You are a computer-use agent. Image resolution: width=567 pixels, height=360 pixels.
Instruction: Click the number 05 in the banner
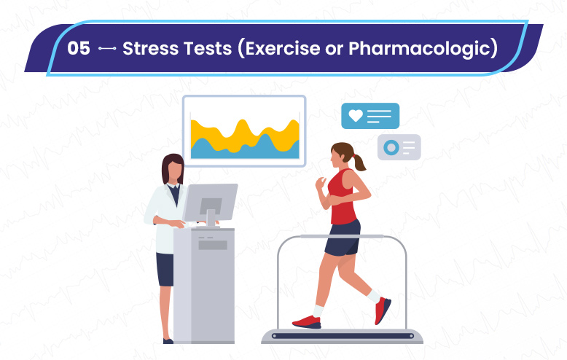pyautogui.click(x=79, y=48)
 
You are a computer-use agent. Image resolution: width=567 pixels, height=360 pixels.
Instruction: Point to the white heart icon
pyautogui.click(x=356, y=115)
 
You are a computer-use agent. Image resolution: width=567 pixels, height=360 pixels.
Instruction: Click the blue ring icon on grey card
pyautogui.click(x=391, y=147)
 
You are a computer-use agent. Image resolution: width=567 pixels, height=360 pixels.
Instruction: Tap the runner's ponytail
pyautogui.click(x=359, y=163)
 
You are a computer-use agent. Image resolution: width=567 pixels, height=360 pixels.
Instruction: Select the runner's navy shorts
pyautogui.click(x=343, y=238)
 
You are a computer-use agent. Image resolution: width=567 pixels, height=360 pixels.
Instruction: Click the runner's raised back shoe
pyautogui.click(x=382, y=310)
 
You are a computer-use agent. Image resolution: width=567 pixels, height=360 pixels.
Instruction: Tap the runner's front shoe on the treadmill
pyautogui.click(x=307, y=321)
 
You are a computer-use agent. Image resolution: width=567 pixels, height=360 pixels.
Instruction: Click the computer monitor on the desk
pyautogui.click(x=210, y=203)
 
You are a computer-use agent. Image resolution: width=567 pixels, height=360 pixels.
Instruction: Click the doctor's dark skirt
pyautogui.click(x=165, y=270)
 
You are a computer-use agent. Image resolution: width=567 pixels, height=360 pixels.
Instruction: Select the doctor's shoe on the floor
pyautogui.click(x=168, y=341)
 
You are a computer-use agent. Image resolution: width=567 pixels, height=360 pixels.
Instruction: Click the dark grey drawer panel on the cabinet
pyautogui.click(x=213, y=245)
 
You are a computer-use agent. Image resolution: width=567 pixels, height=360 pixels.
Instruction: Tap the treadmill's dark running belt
pyautogui.click(x=343, y=336)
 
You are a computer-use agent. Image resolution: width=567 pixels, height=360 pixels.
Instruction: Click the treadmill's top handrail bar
pyautogui.click(x=342, y=236)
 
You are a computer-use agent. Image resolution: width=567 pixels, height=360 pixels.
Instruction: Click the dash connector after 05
pyautogui.click(x=107, y=48)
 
